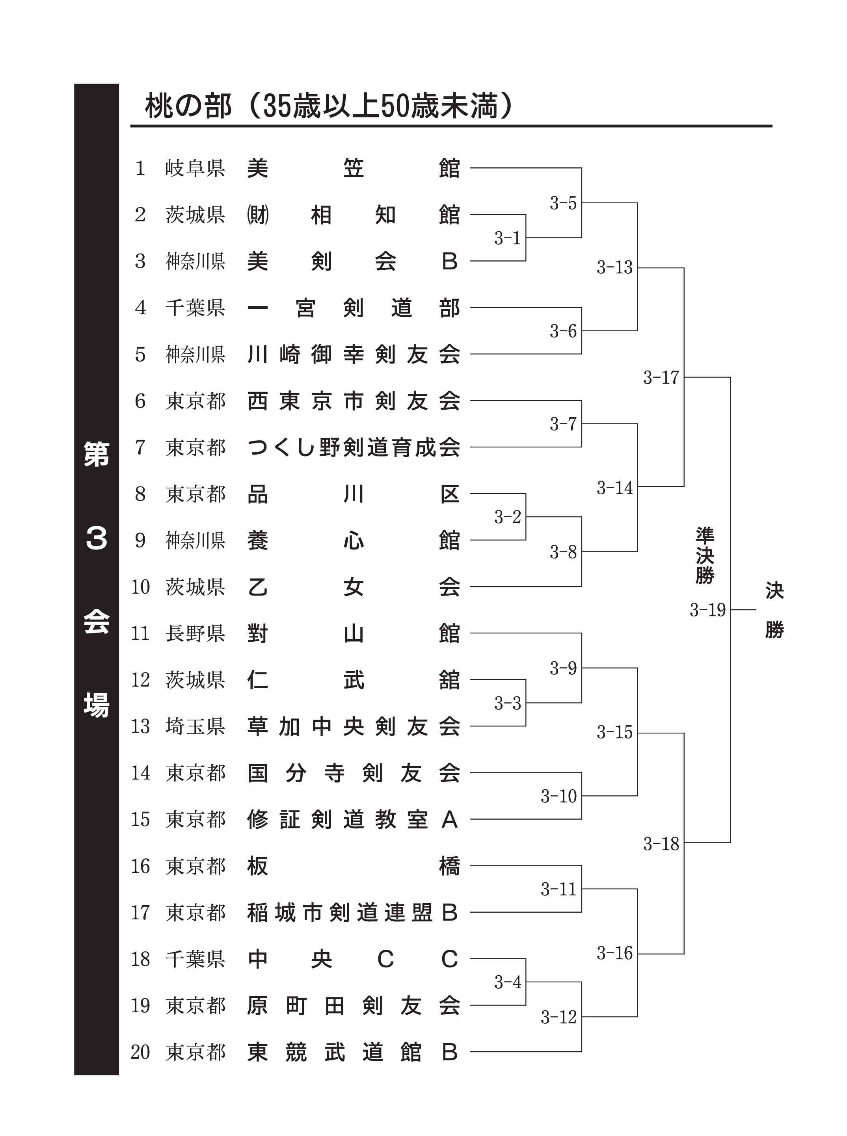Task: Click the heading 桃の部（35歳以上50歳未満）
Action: point(329,106)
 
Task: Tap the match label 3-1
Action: point(507,238)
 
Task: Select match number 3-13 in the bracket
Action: point(614,267)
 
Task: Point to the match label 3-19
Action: point(707,610)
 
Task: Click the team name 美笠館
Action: point(353,168)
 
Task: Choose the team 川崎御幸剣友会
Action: point(353,354)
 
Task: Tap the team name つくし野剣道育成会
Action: point(353,447)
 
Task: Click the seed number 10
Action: point(140,587)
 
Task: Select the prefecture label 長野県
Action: point(195,634)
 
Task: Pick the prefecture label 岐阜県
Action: point(195,168)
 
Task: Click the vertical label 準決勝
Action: point(705,555)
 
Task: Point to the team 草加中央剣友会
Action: point(353,727)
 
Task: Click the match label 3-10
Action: point(558,796)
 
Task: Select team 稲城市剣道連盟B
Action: point(352,913)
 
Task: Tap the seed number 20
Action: point(140,1052)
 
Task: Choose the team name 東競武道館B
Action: point(352,1052)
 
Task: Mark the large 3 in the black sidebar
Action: point(97,538)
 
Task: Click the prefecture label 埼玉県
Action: point(195,727)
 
